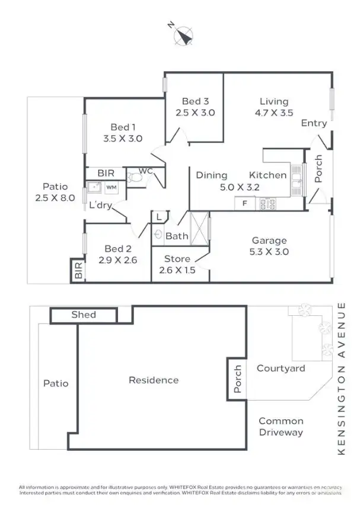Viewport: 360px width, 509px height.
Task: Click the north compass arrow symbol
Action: (x=184, y=37)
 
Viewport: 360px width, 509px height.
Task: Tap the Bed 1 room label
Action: (x=123, y=127)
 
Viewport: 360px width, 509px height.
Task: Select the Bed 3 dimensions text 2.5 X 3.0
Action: (x=195, y=112)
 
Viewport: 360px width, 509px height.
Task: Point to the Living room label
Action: (x=273, y=101)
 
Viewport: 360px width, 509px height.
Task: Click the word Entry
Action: (x=314, y=123)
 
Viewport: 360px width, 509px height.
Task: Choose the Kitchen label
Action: (x=267, y=175)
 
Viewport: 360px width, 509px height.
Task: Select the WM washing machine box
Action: (x=111, y=187)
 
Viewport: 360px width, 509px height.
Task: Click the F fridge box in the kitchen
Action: (x=243, y=204)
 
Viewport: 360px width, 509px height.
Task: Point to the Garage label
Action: (x=269, y=240)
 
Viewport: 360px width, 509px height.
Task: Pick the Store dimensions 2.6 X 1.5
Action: (x=177, y=270)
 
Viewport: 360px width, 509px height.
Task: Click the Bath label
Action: (x=177, y=236)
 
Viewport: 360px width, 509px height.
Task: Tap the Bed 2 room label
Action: (x=117, y=248)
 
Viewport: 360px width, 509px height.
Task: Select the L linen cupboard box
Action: (x=159, y=217)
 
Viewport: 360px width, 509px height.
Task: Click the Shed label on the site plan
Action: (x=84, y=315)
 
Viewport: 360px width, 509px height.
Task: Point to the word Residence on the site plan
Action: (x=154, y=380)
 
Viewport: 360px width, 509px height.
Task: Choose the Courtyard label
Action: (x=281, y=368)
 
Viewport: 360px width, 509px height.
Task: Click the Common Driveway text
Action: (x=281, y=427)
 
